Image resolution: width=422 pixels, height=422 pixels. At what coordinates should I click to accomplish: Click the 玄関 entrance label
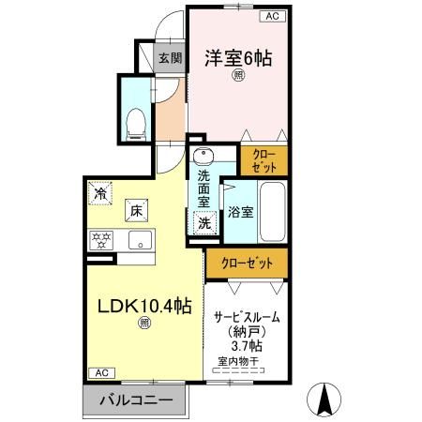tap(169, 58)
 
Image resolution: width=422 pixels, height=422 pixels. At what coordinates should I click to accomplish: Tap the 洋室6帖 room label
tap(238, 58)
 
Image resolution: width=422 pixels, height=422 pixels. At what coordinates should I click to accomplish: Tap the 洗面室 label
tap(203, 188)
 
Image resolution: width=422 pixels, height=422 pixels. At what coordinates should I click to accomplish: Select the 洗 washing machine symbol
tap(203, 223)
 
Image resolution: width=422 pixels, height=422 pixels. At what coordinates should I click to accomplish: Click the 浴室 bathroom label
tap(239, 212)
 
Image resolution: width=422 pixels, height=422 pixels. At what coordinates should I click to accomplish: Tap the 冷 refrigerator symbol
tap(99, 194)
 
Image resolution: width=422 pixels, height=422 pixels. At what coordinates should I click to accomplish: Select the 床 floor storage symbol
tap(137, 210)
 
